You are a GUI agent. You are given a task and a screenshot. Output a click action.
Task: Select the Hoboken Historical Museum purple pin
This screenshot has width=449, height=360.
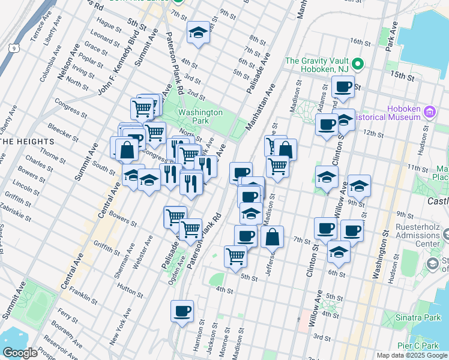pos(429,112)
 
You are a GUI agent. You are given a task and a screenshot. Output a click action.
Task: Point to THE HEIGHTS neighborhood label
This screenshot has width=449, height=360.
pos(28,142)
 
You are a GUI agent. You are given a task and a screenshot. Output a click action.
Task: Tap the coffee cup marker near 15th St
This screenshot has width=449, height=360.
pos(343,87)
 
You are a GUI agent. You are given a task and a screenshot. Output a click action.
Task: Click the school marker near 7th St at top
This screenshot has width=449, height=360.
pos(197,32)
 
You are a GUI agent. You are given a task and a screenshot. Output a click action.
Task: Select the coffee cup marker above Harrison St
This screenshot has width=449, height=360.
pos(182,311)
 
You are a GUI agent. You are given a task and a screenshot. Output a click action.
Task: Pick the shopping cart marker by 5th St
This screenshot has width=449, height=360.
pos(235,256)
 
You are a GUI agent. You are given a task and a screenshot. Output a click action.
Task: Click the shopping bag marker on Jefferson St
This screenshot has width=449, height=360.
pos(272,237)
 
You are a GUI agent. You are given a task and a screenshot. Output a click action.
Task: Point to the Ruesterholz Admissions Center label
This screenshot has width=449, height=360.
pos(420,235)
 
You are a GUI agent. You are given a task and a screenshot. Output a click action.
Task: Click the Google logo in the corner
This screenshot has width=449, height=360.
pos(20,353)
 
